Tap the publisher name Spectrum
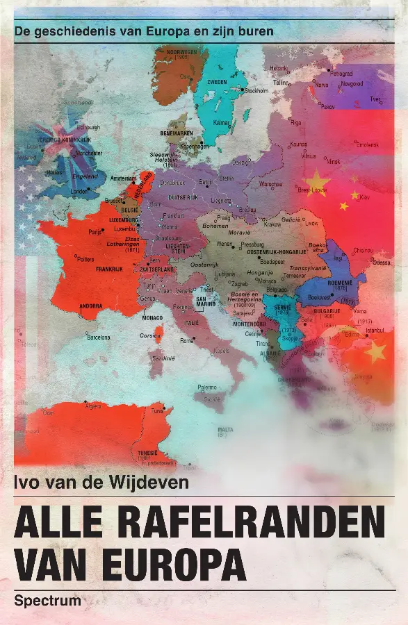(x=47, y=601)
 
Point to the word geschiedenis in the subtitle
(x=78, y=31)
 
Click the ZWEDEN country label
(x=218, y=82)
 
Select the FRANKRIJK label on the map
(x=109, y=269)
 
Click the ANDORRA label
(x=91, y=306)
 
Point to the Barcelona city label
(x=97, y=337)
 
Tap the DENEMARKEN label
(x=177, y=133)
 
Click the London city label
(x=79, y=191)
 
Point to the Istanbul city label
(x=375, y=330)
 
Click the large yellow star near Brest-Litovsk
(x=316, y=182)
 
